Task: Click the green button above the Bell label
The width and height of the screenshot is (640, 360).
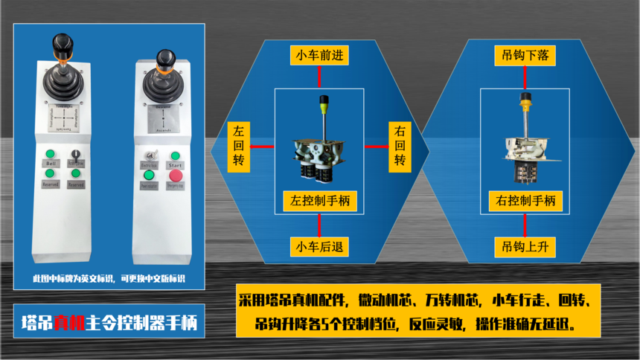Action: (51, 154)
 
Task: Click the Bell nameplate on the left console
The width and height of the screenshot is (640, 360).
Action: (51, 164)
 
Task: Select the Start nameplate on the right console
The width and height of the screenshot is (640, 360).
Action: (176, 164)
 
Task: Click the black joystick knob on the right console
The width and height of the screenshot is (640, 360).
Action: (164, 58)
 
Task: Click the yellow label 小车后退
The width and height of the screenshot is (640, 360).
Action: (321, 246)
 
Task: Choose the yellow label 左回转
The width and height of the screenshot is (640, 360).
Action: (238, 145)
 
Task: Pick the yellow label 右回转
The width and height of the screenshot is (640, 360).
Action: (400, 145)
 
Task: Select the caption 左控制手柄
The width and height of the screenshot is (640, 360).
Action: (321, 200)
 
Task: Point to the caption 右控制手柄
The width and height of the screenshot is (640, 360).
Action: (525, 200)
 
